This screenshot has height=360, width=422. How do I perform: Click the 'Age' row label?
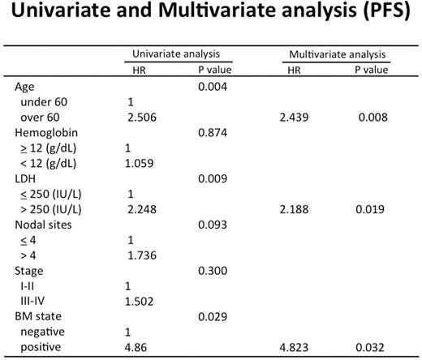tap(25, 86)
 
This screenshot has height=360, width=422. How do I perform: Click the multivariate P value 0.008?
tap(368, 118)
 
